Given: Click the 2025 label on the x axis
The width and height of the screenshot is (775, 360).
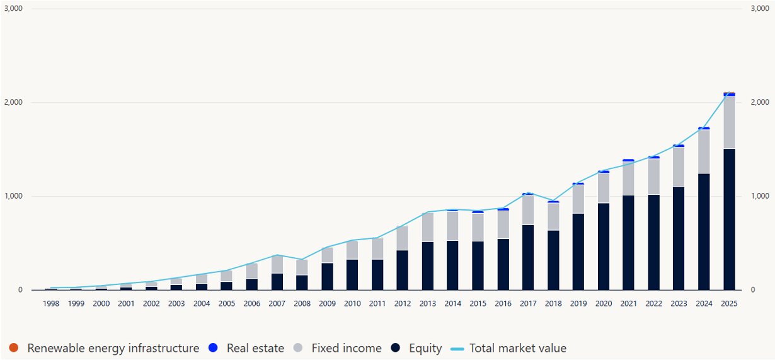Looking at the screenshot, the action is tap(729, 304).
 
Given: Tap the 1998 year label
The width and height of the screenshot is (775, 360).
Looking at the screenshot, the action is tap(51, 304).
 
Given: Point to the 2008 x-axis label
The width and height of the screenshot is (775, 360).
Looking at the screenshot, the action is tap(302, 304).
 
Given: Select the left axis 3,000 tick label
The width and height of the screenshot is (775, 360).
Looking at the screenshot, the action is tap(13, 8).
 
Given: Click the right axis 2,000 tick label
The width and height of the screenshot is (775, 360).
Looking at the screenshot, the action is tap(760, 102).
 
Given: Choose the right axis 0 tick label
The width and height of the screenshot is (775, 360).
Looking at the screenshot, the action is tap(753, 290).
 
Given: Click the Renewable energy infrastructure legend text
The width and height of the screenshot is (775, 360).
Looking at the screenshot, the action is tap(113, 348).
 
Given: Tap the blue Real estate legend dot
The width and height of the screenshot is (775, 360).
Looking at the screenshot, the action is tap(213, 347).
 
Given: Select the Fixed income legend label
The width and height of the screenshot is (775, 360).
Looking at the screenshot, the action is tap(347, 348).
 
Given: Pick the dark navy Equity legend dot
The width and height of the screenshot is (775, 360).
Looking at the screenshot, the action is tap(396, 347).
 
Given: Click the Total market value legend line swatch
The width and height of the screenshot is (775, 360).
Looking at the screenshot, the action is tap(457, 349).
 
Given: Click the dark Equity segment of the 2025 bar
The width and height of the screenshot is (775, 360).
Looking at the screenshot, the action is tap(729, 219).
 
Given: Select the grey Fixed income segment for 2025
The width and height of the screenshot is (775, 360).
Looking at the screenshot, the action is tap(729, 123).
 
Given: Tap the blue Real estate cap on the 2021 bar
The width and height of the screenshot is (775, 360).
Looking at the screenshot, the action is tap(628, 160).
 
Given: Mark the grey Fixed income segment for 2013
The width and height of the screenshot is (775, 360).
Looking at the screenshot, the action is tap(428, 228).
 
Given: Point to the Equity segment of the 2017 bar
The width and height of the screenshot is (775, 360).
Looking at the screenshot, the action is tap(528, 257).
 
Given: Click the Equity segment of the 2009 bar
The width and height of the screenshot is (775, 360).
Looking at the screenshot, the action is tap(327, 277).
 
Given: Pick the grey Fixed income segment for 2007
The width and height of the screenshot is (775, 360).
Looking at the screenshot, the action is tap(277, 265).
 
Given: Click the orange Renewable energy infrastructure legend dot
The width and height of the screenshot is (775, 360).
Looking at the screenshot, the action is tap(13, 347).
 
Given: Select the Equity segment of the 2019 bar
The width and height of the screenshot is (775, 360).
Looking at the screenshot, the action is tap(578, 252).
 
